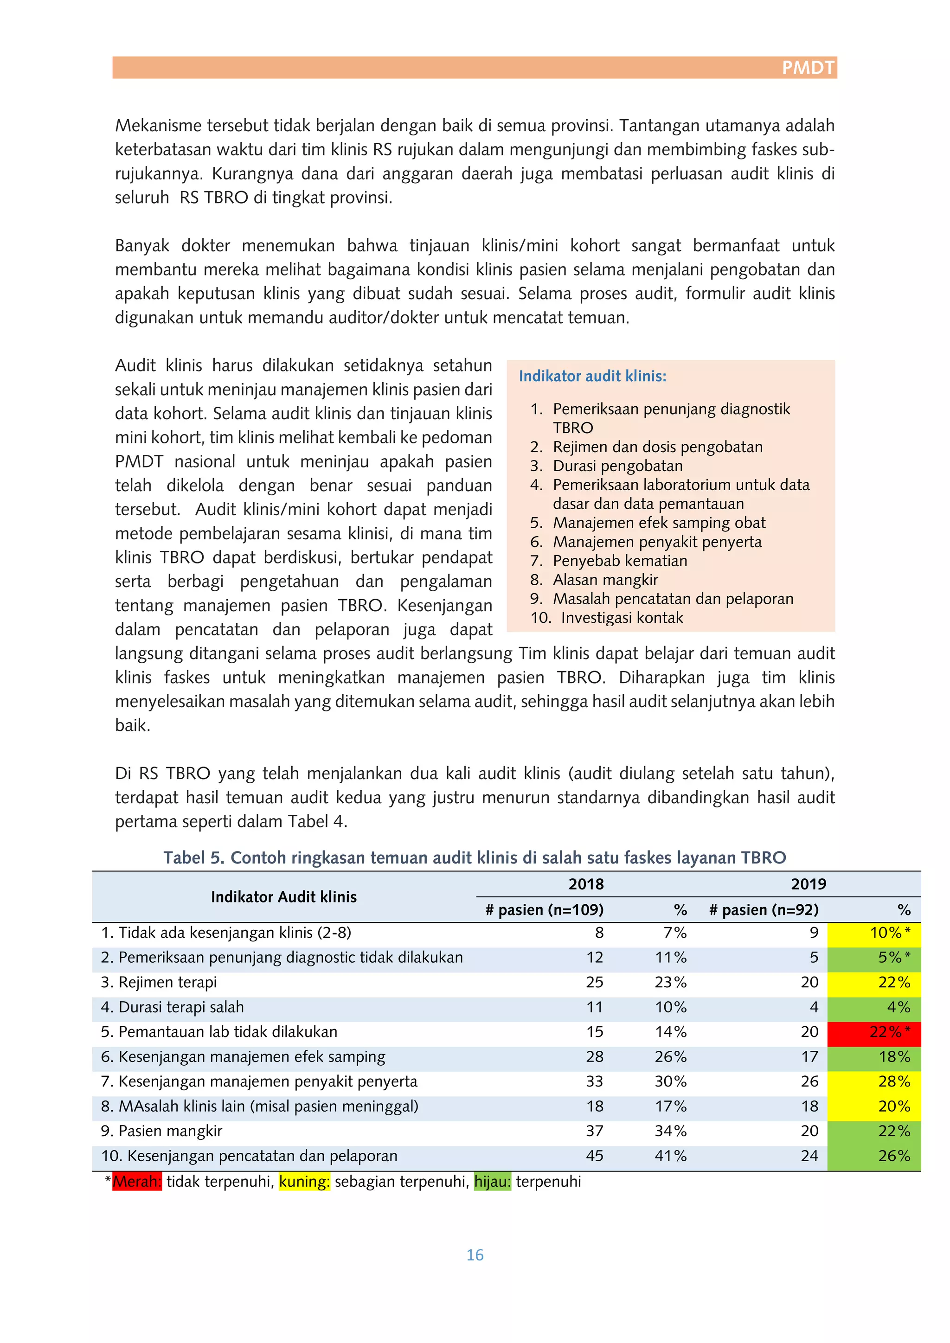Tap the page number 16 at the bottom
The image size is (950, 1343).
(475, 1255)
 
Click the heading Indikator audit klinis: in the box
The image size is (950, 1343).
(592, 376)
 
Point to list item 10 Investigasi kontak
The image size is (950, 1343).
(621, 618)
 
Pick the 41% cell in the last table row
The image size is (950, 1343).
(670, 1156)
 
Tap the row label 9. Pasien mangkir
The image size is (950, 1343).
(161, 1131)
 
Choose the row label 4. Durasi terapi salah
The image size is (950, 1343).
(172, 1007)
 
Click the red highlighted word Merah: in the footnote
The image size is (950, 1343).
(137, 1182)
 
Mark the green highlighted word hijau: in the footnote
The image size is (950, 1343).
(492, 1182)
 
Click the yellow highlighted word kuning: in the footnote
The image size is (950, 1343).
(304, 1182)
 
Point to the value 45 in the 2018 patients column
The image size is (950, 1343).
(594, 1156)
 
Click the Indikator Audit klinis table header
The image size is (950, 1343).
(284, 897)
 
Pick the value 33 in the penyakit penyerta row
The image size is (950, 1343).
(594, 1081)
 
